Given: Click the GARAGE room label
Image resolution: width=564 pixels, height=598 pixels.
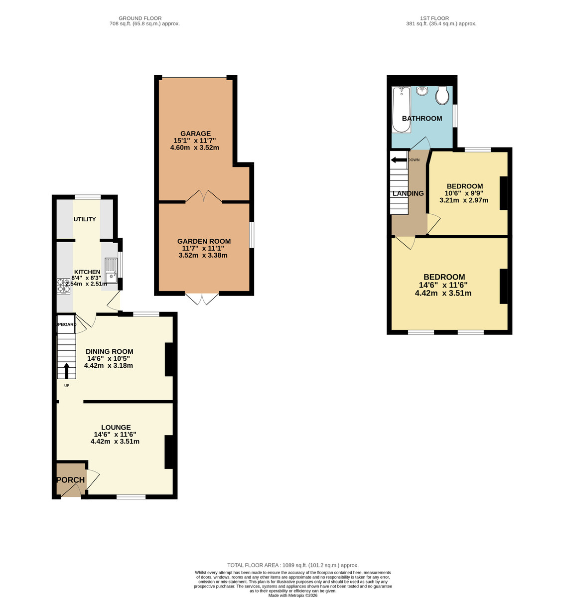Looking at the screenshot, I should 195,134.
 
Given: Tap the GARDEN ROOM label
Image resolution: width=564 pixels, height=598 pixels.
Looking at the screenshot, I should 204,241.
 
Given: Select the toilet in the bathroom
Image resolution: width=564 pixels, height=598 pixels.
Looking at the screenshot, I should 442,96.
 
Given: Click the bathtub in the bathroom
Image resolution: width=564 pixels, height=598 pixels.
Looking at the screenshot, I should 401,110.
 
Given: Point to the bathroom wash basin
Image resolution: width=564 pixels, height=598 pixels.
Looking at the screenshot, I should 423,91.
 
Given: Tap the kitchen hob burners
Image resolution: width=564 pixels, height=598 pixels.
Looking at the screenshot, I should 63,286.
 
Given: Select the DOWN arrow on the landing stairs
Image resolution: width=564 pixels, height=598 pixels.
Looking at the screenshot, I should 398,160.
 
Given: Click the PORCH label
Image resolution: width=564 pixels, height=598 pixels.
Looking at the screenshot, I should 70,480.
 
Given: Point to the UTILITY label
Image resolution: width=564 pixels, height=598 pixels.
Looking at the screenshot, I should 85,219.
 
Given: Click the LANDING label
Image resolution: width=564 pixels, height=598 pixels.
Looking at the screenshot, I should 408,193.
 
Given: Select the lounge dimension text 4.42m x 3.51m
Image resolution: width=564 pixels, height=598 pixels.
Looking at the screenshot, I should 115,442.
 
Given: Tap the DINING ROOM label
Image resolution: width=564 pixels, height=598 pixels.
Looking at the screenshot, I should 110,351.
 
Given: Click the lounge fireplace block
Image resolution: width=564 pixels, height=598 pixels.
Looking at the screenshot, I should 169,451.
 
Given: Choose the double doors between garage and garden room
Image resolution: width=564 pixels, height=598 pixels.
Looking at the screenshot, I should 204,196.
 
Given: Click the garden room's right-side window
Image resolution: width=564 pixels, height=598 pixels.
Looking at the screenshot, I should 252,235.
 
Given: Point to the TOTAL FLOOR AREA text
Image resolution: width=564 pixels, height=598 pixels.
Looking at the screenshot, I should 293,565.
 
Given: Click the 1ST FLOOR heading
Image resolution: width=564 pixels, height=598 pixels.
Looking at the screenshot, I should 441,18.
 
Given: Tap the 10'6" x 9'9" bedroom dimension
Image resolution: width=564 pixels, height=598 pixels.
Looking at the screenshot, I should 464,193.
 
